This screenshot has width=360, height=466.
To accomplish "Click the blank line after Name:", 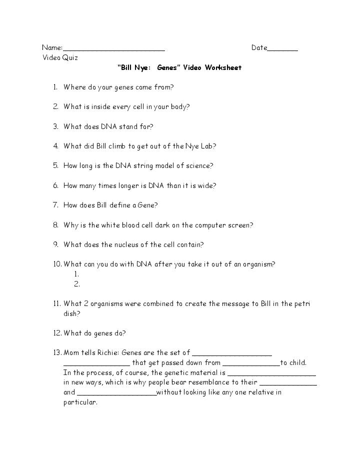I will pos(114,49).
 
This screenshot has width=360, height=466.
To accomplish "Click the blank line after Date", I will pos(282,49).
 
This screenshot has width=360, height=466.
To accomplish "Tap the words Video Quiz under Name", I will pos(60,58).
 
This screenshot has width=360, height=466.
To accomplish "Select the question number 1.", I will pos(55,87).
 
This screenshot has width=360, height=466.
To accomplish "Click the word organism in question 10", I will pos(258,264).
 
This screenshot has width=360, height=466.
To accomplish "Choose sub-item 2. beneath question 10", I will pos(77,284).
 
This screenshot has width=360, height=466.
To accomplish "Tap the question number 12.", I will pos(56,333).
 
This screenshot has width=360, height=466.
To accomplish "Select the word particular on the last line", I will pos(80,402).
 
